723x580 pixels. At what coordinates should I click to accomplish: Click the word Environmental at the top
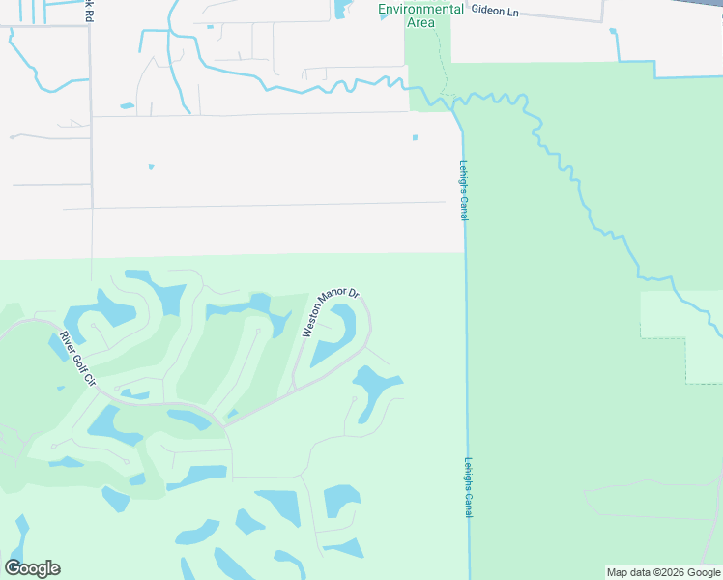coord(420,9)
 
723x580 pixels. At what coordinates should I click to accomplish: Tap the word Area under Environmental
coord(420,22)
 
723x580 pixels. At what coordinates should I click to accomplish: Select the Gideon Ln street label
coord(501,10)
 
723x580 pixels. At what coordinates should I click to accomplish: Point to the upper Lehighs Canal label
coord(464,190)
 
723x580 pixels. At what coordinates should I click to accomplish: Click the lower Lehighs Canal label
coord(469,486)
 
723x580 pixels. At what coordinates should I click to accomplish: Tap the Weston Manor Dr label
coord(331,312)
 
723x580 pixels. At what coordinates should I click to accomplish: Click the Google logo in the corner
coord(32,568)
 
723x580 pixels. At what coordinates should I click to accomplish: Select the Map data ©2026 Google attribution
coord(664,572)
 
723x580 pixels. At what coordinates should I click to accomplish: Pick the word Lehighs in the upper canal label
coord(464,176)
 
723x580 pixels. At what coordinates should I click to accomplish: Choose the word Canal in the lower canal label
coord(469,503)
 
